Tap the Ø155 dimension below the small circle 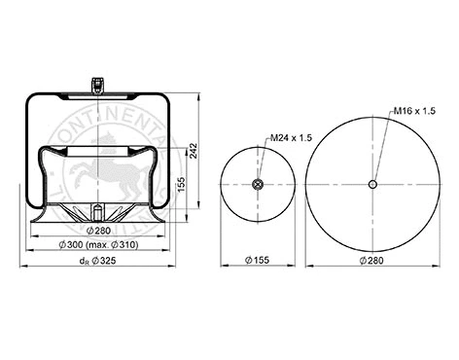[258, 261]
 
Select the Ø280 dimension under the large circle [371, 261]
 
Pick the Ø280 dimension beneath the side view [96, 230]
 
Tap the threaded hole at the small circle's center [259, 185]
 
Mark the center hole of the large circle [372, 185]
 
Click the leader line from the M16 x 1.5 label [383, 147]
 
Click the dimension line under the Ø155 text [258, 267]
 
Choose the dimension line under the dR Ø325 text [97, 267]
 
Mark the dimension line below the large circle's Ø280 [372, 267]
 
